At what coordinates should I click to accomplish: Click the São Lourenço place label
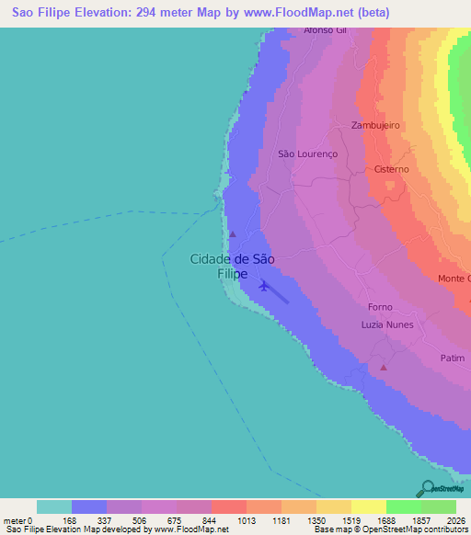[308, 154]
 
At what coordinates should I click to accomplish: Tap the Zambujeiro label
[375, 125]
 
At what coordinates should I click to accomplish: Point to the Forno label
[379, 307]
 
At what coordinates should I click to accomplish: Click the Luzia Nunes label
[387, 324]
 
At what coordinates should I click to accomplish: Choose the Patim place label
[452, 359]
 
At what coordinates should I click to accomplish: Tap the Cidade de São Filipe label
[232, 267]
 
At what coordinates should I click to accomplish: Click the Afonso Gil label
[326, 30]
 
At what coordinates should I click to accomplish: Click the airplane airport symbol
[264, 285]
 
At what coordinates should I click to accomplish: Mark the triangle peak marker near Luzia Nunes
[384, 368]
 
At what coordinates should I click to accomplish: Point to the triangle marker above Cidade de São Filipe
[232, 233]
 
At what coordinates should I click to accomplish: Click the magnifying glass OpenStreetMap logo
[427, 488]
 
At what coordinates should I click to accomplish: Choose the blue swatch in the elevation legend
[89, 507]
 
